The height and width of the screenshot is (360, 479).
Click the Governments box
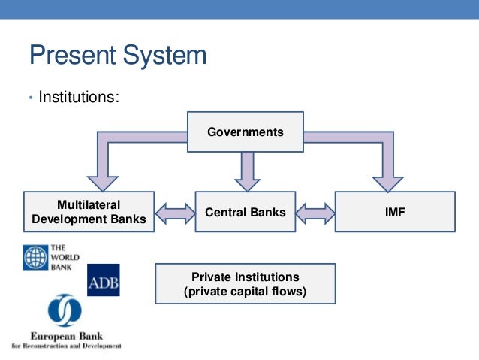point(246,132)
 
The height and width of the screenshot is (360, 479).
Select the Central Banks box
point(246,213)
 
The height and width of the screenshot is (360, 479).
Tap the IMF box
point(394,213)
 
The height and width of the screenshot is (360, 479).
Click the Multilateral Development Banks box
point(89,213)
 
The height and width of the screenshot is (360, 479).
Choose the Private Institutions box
point(246,284)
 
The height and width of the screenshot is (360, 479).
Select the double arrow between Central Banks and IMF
point(315,213)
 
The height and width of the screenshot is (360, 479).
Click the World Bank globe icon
point(35,257)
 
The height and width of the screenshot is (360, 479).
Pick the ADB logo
point(103,280)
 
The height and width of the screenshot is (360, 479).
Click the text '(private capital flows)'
point(246,292)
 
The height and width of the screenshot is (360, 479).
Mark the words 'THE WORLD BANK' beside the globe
point(59,257)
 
